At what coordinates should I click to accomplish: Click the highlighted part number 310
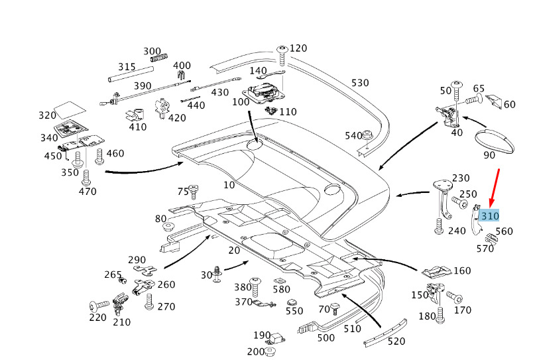[x=490, y=215]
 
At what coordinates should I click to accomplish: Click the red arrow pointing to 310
[x=495, y=189]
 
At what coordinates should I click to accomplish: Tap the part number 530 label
[x=360, y=83]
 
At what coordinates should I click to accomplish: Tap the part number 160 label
[x=461, y=270]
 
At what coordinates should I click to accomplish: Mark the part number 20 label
[x=234, y=250]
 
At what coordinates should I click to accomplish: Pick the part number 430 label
[x=220, y=92]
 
